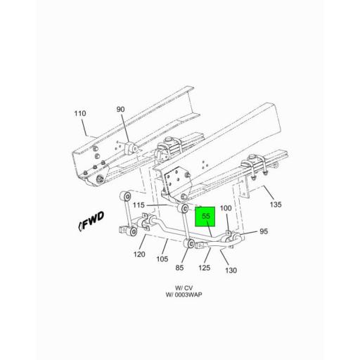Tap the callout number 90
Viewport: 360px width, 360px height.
[120, 109]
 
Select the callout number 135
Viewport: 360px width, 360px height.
[275, 205]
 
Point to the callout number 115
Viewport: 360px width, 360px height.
[157, 205]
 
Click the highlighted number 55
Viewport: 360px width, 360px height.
[207, 217]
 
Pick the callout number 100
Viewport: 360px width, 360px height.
[226, 209]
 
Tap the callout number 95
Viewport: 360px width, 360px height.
[264, 231]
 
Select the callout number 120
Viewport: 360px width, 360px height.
[139, 255]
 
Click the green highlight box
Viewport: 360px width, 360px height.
[207, 218]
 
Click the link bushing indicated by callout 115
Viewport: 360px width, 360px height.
[184, 209]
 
